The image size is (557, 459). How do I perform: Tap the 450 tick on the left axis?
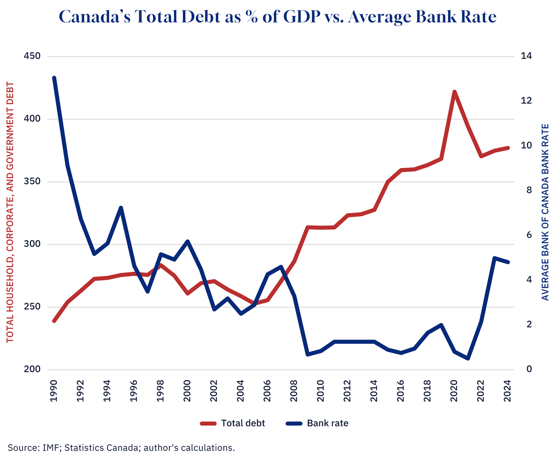coord(32,56)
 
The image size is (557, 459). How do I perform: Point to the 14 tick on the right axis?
coord(526,56)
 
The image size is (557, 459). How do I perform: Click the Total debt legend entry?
coord(233,423)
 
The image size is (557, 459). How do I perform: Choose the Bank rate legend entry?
coord(317,423)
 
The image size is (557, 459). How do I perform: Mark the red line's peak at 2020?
coord(454,92)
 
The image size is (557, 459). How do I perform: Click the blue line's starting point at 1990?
coord(54,78)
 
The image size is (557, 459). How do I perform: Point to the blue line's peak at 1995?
coord(121,208)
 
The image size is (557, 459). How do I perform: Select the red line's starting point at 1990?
coord(54,321)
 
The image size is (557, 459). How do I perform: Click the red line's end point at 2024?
coord(508,148)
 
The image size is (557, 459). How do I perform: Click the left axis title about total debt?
coord(10,212)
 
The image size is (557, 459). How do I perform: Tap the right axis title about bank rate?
coord(545,212)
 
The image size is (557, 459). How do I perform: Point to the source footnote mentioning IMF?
coord(121,448)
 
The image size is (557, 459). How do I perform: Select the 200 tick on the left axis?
coord(32,370)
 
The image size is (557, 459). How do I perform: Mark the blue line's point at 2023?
coord(495,258)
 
